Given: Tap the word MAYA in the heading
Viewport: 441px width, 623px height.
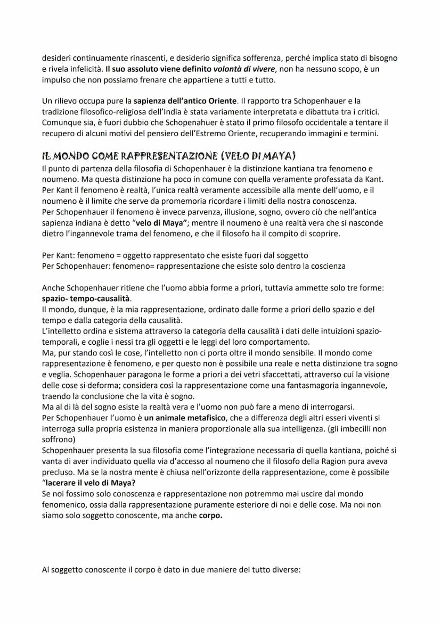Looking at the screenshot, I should [281, 156].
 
